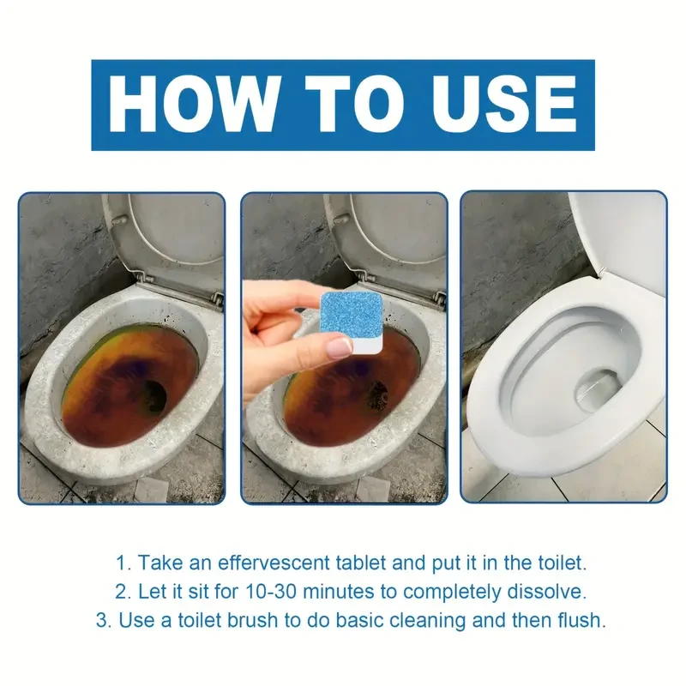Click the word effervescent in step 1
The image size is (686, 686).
[x=275, y=563]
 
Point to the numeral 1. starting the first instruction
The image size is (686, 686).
[x=123, y=563]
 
